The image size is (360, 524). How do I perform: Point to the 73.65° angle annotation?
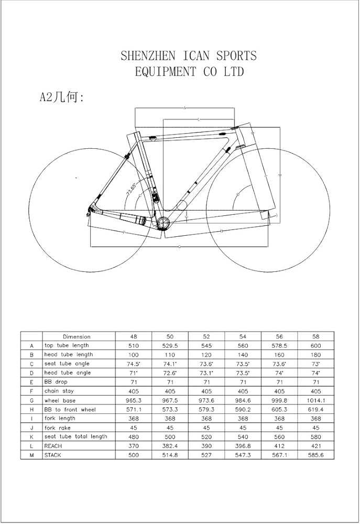point(131,187)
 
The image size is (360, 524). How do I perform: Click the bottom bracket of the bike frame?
point(163,223)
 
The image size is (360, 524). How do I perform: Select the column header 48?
point(133,336)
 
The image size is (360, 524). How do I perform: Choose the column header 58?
point(315,336)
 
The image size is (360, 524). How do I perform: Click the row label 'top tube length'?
point(67,345)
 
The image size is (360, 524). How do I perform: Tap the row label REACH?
point(53,445)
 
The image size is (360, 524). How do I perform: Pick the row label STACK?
point(52,455)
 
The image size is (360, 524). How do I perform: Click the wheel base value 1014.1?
point(315,400)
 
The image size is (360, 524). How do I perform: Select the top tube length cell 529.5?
point(170,345)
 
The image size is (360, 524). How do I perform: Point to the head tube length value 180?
point(315,355)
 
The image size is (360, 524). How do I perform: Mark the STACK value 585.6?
point(315,455)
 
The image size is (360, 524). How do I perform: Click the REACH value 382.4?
point(170,445)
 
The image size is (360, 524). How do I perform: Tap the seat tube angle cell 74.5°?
point(133,364)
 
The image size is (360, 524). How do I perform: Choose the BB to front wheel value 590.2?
point(243,409)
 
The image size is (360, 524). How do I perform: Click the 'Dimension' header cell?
point(77,336)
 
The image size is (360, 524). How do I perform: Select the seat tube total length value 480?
point(133,436)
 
